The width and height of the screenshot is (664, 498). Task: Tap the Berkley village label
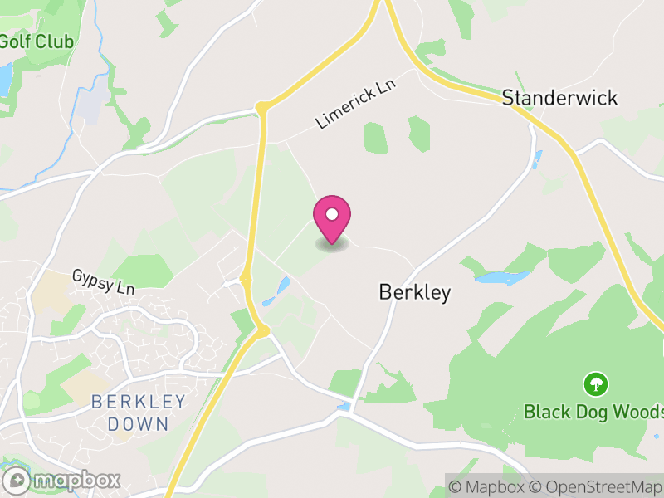coord(414,292)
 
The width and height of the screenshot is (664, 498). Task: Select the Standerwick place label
coord(559,98)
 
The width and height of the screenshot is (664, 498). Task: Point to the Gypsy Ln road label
coord(103,282)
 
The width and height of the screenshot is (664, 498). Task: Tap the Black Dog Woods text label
coord(593,412)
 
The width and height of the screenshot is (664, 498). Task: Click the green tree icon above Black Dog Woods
coord(595,384)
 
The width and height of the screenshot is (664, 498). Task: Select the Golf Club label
coord(37,41)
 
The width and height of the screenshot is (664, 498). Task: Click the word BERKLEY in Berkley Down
coord(139,403)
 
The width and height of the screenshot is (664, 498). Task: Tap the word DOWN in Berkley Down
coord(139,424)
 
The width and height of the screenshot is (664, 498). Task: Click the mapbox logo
coord(63,480)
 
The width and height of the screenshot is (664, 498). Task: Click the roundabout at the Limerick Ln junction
coord(262,108)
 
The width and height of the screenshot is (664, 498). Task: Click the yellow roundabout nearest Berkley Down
coord(263,332)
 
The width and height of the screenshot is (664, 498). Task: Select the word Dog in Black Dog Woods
coord(597,412)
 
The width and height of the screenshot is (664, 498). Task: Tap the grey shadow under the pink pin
coord(332,245)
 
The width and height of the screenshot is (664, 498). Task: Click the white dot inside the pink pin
coord(332,214)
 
